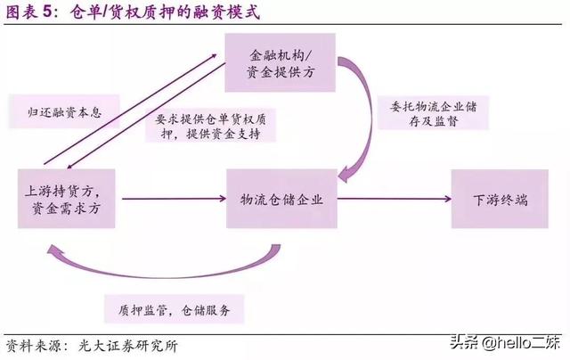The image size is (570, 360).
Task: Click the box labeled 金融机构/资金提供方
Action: (279, 62)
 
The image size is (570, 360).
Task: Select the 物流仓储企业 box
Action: (280, 199)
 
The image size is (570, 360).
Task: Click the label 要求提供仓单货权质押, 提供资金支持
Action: (211, 126)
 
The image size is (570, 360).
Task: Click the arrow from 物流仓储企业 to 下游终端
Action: (392, 199)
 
